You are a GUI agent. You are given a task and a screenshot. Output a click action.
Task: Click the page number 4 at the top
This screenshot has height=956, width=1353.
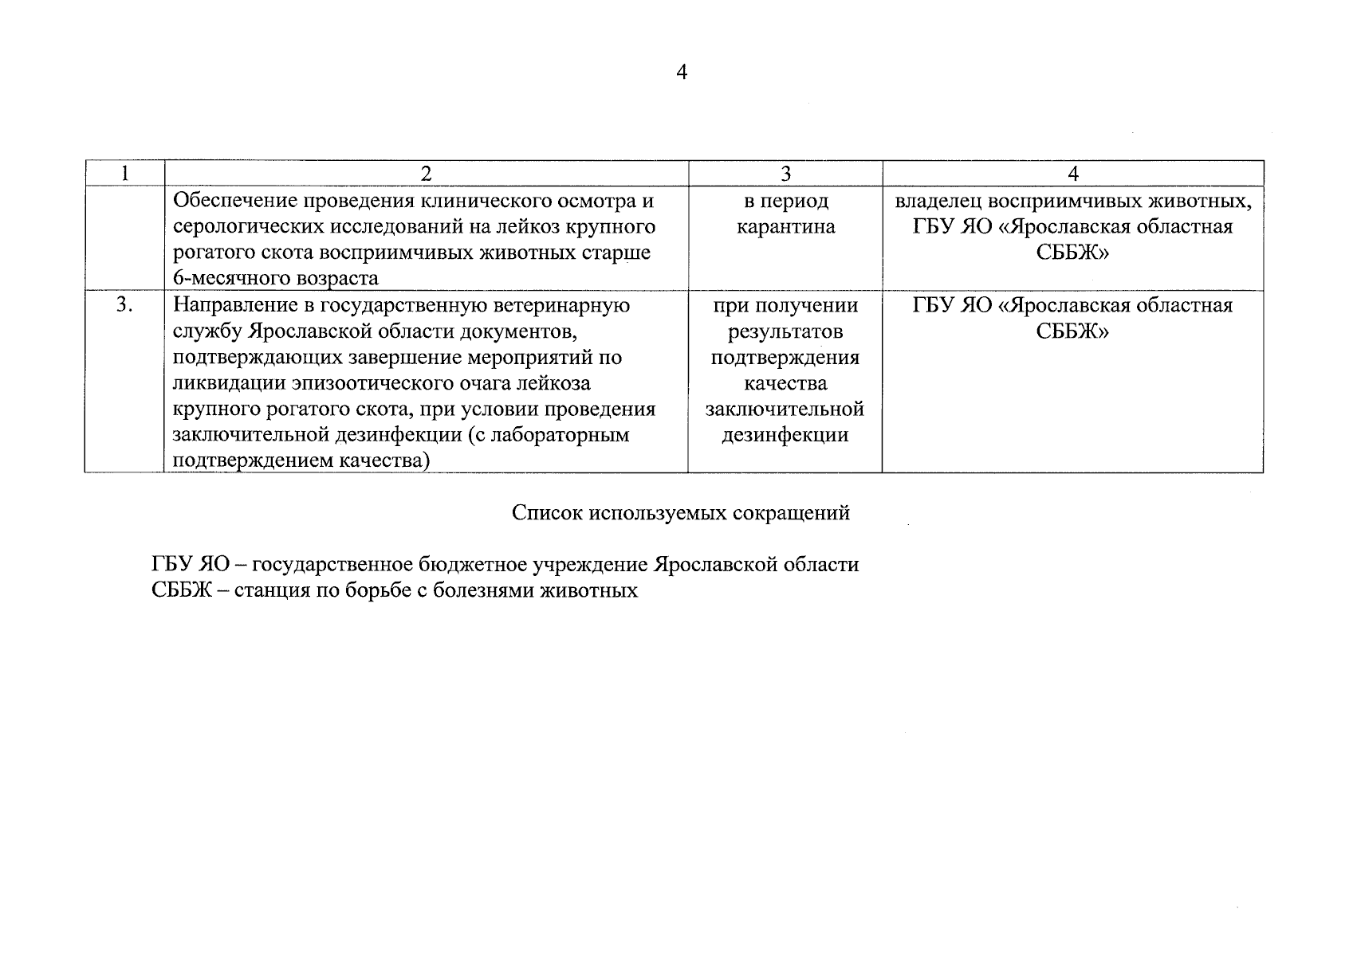click(x=681, y=72)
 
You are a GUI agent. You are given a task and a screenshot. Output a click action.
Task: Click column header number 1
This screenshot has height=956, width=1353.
click(x=124, y=174)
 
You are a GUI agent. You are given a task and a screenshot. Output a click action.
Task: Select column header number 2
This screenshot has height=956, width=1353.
click(x=426, y=174)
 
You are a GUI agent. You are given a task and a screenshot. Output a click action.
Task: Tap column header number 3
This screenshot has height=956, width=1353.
click(x=785, y=174)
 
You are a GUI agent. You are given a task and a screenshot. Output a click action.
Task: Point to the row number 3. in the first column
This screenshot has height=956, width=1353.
click(x=124, y=305)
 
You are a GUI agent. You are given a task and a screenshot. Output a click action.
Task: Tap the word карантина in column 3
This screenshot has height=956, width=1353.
click(x=785, y=227)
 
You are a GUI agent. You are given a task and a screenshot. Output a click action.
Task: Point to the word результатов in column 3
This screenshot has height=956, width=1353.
click(x=785, y=331)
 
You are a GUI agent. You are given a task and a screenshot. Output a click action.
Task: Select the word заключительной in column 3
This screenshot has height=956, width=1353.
click(x=785, y=409)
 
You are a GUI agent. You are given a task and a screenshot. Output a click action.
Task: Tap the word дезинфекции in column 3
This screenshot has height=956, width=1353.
click(x=785, y=436)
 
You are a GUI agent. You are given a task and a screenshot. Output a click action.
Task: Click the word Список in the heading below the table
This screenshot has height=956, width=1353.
click(x=546, y=513)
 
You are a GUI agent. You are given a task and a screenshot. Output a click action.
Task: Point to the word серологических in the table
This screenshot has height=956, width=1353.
click(x=248, y=227)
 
